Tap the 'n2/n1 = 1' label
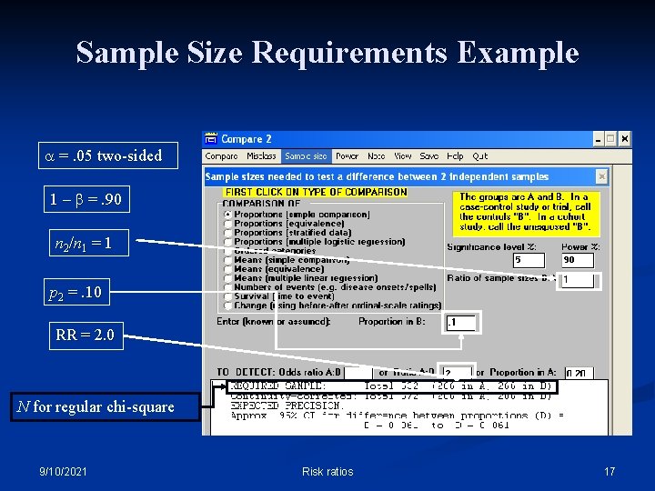[83, 243]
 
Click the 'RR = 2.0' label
[86, 336]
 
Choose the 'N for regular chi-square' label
[96, 406]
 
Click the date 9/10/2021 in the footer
[64, 471]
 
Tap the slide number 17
[610, 471]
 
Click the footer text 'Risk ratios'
[327, 471]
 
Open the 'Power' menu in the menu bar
[347, 155]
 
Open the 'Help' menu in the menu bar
[455, 155]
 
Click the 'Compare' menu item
[221, 155]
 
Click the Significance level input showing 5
[531, 260]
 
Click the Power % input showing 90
[580, 260]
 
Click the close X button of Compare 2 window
[624, 139]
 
